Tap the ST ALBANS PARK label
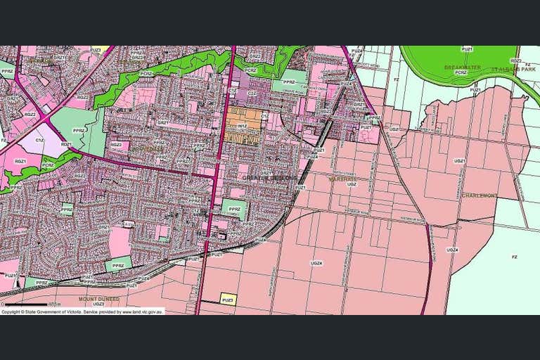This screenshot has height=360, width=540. pyautogui.click(x=510, y=69)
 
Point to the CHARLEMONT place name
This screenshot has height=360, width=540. pyautogui.click(x=480, y=195)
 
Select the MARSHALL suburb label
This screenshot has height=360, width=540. pyautogui.click(x=342, y=179)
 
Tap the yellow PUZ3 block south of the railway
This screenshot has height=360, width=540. pyautogui.click(x=228, y=299)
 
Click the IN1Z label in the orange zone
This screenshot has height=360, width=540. pyautogui.click(x=241, y=126)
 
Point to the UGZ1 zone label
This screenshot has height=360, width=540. pyautogui.click(x=460, y=161)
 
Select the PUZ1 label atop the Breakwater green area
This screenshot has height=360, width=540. pyautogui.click(x=467, y=49)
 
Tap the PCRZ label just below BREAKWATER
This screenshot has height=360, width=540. pyautogui.click(x=461, y=72)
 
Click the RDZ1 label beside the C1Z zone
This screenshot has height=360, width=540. pyautogui.click(x=66, y=143)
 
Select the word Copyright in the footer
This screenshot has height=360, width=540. pyautogui.click(x=11, y=311)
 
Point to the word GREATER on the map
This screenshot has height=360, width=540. pyautogui.click(x=254, y=179)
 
